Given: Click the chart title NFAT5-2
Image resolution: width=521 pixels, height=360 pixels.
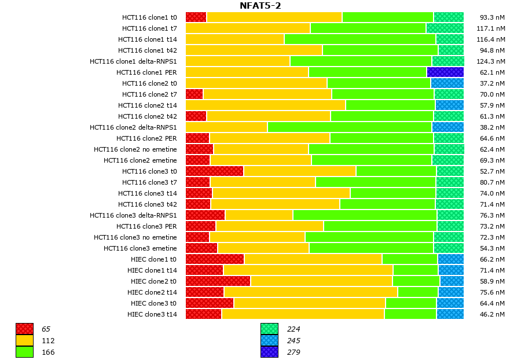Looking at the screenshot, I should [260, 6].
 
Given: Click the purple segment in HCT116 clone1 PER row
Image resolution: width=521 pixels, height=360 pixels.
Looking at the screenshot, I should [445, 72].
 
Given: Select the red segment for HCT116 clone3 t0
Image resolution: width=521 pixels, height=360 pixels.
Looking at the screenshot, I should [214, 171].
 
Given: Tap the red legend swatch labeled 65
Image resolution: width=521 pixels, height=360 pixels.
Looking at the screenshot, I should [24, 329].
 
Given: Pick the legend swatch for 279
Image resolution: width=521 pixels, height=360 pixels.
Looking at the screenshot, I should [269, 352].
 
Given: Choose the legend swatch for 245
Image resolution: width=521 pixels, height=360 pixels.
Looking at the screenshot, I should [269, 340].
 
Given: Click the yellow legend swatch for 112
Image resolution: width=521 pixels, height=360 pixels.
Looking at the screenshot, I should [24, 340].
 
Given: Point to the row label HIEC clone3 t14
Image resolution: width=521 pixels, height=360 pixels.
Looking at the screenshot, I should [152, 314].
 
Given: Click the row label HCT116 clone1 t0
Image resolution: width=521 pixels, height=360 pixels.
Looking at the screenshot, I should [149, 17].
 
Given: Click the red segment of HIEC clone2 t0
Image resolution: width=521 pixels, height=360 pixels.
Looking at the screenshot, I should [218, 281].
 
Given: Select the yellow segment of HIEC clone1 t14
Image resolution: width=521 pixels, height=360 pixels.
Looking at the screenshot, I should [308, 270].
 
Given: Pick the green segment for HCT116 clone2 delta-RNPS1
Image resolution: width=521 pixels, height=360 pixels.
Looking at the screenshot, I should [350, 127].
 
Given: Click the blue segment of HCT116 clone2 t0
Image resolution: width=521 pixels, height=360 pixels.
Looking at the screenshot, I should [447, 83].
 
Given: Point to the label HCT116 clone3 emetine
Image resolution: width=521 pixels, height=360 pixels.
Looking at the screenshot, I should [140, 248].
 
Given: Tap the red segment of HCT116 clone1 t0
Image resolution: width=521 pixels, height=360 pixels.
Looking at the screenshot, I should [196, 17].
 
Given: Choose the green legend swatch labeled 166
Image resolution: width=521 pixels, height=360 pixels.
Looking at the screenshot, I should [24, 352].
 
